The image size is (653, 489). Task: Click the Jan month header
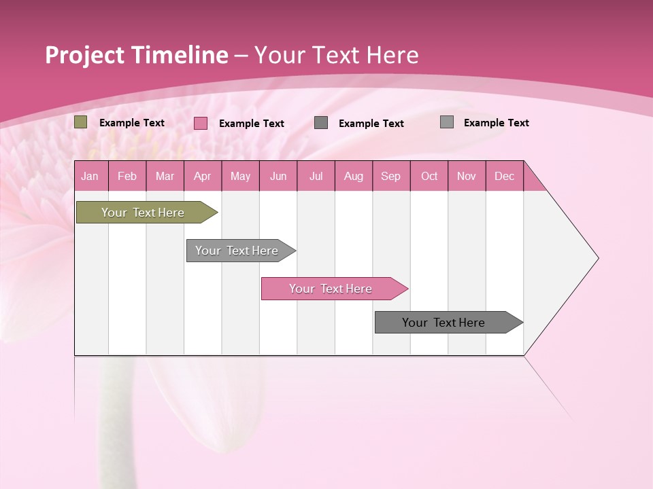[90, 176]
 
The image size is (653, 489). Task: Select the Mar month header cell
[165, 176]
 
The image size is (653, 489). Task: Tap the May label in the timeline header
[240, 176]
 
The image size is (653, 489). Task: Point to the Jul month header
[316, 176]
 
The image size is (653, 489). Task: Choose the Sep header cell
[390, 176]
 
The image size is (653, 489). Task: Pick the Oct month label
[429, 176]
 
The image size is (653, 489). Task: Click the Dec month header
[504, 176]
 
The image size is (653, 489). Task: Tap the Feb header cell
[127, 176]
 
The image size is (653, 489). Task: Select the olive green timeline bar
[143, 213]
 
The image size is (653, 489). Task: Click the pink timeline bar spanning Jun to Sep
[331, 289]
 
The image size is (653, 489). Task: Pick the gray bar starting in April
[237, 251]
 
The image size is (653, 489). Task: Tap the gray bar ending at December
[443, 323]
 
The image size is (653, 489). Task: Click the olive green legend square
[81, 122]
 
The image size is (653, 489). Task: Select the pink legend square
[201, 123]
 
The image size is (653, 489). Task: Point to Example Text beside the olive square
[132, 123]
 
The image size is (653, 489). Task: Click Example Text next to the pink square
[252, 124]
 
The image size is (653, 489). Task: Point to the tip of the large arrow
[597, 258]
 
